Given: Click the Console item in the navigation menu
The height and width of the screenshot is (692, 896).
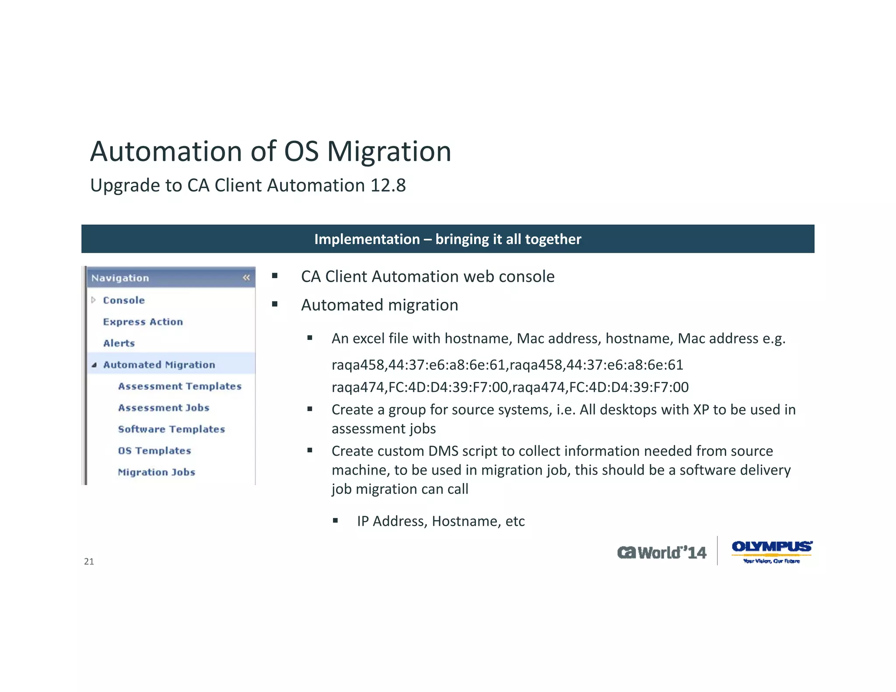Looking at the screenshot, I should coord(124,300).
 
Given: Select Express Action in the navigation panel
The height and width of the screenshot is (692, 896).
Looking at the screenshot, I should coord(143,322).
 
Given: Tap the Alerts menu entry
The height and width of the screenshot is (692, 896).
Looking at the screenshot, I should coord(119,343).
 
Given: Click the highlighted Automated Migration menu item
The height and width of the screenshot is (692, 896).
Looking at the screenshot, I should coord(159,364).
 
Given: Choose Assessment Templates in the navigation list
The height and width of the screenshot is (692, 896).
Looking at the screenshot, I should coord(179,386).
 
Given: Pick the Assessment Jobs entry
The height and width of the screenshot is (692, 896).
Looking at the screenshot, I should coord(164,407).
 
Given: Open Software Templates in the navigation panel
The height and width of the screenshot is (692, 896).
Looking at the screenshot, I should coord(171,429).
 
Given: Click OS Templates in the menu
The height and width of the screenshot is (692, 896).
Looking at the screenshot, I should coord(154,450).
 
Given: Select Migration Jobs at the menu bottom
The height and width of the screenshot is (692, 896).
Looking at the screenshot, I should coord(157,472).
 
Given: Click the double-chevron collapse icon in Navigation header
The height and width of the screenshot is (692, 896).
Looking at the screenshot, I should coord(246,277).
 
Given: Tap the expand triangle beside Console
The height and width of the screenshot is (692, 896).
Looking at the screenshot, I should coord(93,300).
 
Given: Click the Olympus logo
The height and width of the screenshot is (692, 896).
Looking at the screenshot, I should coord(772,551).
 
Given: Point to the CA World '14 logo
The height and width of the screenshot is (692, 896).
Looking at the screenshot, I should coord(661,552).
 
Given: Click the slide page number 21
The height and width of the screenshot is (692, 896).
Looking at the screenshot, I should coord(89,562).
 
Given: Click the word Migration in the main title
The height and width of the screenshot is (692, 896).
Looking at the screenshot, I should coord(389,152).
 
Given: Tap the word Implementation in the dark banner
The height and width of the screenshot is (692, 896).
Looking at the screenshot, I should coord(367,239).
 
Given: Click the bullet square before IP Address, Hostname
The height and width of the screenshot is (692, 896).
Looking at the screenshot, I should coord(335,520).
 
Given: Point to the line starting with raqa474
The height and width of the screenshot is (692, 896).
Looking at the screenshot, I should coord(510,387).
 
